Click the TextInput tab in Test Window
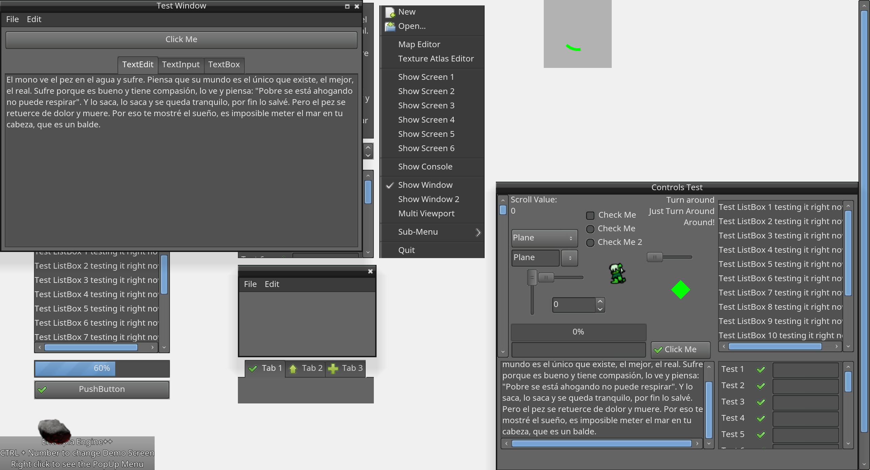tap(180, 65)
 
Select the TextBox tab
tap(224, 65)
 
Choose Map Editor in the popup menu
tap(419, 44)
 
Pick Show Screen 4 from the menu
tap(426, 120)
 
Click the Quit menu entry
tap(406, 250)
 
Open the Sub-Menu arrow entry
tap(477, 232)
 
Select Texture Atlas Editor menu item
tap(436, 59)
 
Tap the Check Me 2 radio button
tap(590, 242)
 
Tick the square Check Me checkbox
tap(590, 215)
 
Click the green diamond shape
tap(680, 290)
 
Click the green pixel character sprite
tap(617, 273)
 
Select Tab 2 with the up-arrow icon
tap(305, 368)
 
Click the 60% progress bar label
tap(102, 368)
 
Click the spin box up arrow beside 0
tap(600, 301)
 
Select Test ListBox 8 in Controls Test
tap(780, 307)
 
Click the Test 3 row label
tap(733, 402)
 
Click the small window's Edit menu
tap(272, 284)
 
